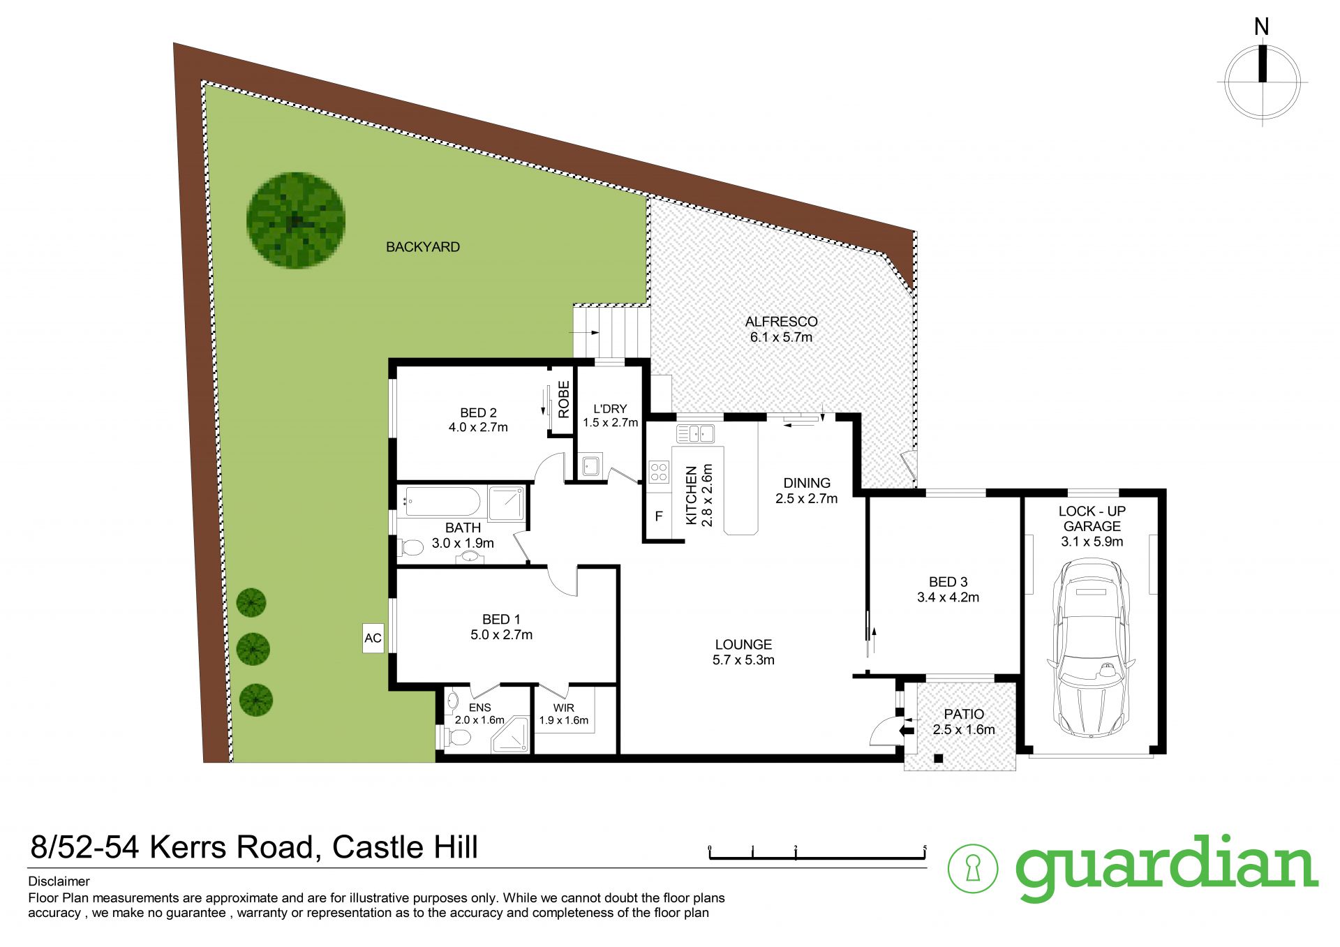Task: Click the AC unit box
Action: [x=373, y=638]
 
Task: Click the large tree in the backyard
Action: [x=296, y=221]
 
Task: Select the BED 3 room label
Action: [x=948, y=582]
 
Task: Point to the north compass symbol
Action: [x=1262, y=82]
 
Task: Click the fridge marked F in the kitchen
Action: [x=658, y=516]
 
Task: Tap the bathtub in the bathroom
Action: [x=442, y=501]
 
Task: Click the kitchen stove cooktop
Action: [x=659, y=472]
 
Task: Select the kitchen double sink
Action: [x=695, y=433]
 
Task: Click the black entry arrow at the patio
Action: [x=907, y=730]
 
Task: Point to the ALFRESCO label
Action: [x=781, y=322]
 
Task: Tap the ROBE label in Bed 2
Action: [x=563, y=399]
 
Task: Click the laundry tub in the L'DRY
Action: [x=591, y=465]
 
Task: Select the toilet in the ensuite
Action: [x=458, y=737]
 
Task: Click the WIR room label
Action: [x=563, y=708]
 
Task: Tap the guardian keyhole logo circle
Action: [x=972, y=868]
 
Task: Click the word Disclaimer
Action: [x=59, y=881]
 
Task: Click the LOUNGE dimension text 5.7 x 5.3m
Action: [x=743, y=660]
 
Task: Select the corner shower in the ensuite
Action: [x=512, y=736]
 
